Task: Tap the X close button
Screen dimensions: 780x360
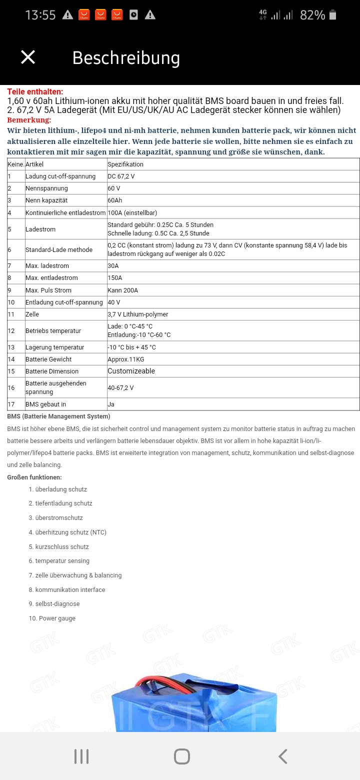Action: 28,57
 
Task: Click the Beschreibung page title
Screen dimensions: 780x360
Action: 126,58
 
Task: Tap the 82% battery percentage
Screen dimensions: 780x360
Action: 312,15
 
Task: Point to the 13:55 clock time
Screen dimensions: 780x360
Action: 40,15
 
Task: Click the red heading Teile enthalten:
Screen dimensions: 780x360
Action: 35,91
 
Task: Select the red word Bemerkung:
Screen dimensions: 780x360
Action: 29,120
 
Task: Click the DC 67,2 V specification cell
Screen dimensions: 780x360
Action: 121,176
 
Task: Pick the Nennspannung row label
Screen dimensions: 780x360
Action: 46,188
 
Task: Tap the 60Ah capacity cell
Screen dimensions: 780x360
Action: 115,200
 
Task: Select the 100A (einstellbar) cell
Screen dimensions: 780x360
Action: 132,212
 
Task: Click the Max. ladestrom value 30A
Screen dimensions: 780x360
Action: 113,266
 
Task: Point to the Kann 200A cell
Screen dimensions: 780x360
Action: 122,290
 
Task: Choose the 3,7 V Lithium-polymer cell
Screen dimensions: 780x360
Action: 137,314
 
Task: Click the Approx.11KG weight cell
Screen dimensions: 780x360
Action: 125,359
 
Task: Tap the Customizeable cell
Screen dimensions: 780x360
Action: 131,371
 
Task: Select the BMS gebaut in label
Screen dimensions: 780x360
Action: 45,404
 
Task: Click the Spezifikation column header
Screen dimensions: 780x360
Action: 125,164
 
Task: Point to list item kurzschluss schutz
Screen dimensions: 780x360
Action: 61,547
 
